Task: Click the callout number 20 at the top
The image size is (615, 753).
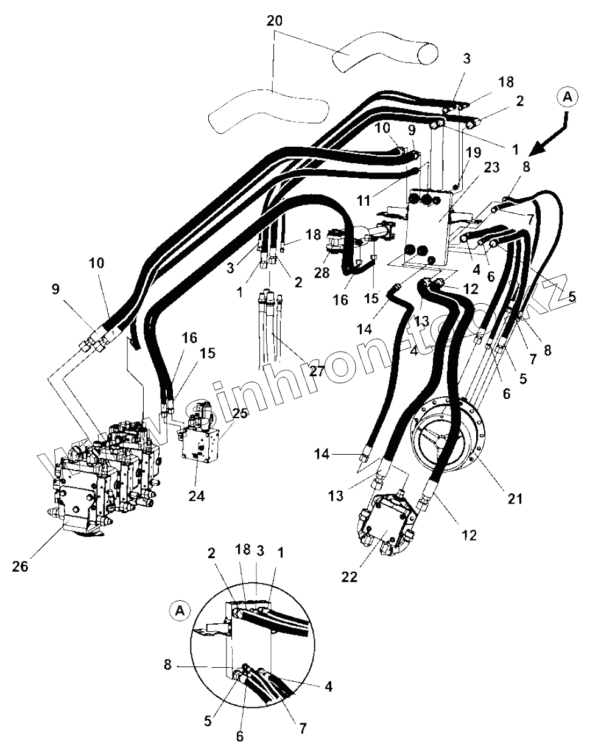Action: point(275,20)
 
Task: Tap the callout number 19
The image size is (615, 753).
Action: point(474,152)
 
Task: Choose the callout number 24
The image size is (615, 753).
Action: point(197,496)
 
